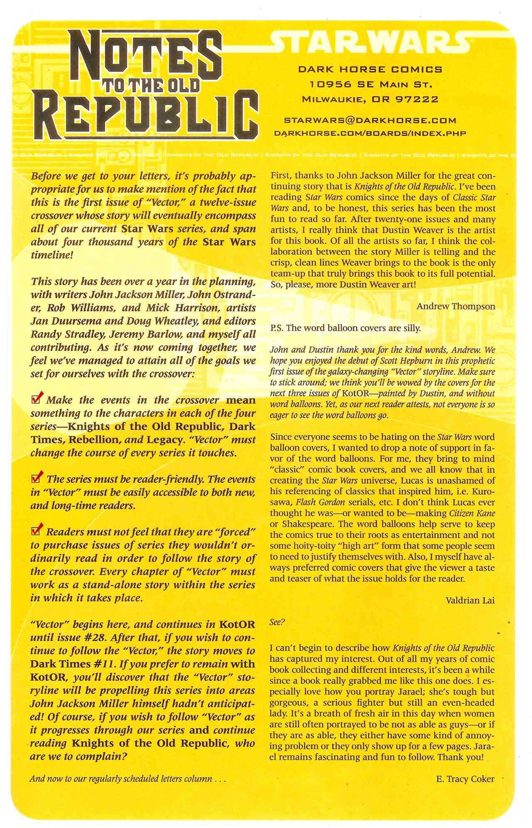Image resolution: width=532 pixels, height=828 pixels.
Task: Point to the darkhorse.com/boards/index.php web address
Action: click(x=369, y=133)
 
